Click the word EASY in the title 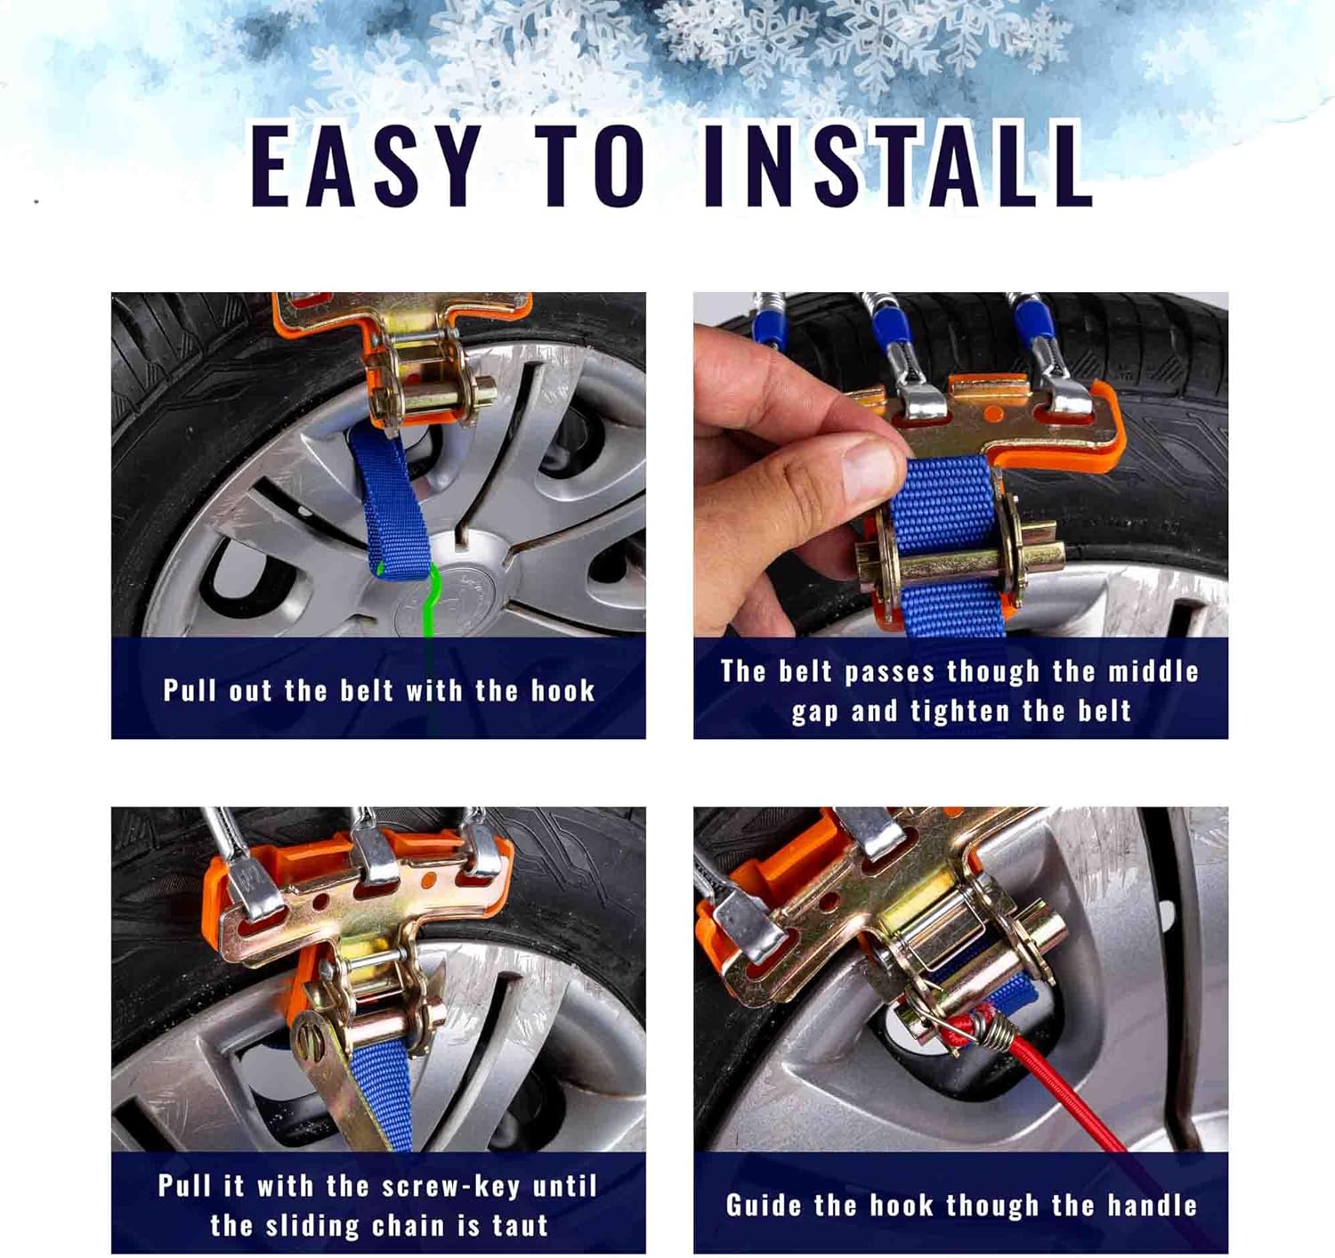pyautogui.click(x=366, y=166)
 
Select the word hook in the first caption pyautogui.click(x=562, y=691)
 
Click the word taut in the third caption pyautogui.click(x=520, y=1226)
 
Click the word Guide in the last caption pyautogui.click(x=764, y=1205)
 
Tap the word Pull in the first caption pyautogui.click(x=189, y=691)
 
